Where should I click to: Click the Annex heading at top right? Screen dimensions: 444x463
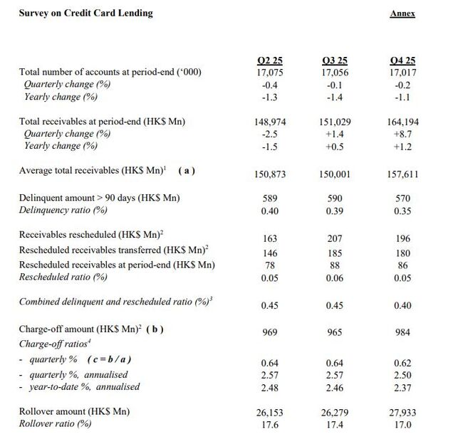[402, 13]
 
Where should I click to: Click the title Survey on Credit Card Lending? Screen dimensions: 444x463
[85, 13]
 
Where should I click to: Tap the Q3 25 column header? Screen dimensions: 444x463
[335, 60]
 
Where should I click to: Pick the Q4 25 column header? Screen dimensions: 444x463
[402, 60]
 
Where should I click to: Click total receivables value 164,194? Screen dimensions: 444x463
[402, 122]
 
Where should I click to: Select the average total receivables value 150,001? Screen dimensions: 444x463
[335, 173]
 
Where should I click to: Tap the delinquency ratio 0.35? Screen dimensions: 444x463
[402, 210]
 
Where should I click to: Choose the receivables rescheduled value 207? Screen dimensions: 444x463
[335, 240]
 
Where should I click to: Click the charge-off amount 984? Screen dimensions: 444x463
[402, 332]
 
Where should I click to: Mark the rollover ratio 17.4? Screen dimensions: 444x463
[335, 425]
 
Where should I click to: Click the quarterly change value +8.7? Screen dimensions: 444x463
[402, 134]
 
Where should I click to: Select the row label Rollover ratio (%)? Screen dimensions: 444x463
[55, 424]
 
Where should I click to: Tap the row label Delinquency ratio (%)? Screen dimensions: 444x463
[63, 210]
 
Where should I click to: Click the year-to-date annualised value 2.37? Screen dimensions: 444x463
[402, 386]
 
